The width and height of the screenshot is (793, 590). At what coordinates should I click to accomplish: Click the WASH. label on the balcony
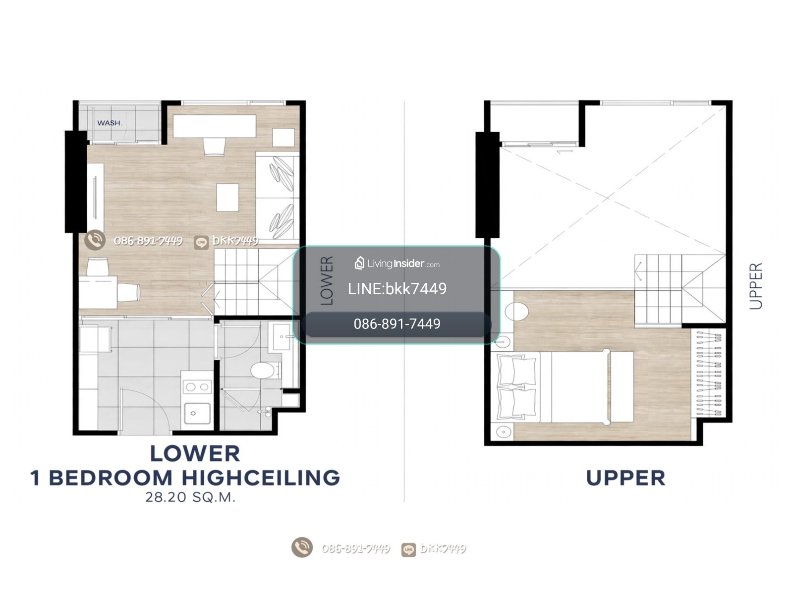click(x=110, y=123)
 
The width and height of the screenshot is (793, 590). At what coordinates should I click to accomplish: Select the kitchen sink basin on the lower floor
click(x=197, y=414)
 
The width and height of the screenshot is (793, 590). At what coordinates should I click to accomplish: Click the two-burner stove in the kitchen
click(x=197, y=387)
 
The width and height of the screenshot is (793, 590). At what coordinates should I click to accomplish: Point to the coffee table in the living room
click(x=227, y=198)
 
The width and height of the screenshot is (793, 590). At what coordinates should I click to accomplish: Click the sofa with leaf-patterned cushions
click(x=278, y=198)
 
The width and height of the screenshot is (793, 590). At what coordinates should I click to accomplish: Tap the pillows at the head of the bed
click(x=516, y=387)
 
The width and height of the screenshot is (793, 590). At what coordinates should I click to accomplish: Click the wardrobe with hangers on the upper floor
click(x=708, y=374)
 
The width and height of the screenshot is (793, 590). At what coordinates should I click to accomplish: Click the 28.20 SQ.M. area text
click(x=190, y=497)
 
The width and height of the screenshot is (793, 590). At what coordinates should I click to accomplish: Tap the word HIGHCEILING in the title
click(x=261, y=478)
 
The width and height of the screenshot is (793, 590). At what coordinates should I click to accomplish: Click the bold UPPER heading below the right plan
click(x=625, y=478)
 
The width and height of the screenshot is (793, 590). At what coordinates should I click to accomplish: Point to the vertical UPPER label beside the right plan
click(x=756, y=286)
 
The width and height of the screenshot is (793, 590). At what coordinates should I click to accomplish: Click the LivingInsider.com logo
click(x=397, y=264)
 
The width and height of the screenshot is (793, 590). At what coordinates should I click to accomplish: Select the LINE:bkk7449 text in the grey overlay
click(x=397, y=289)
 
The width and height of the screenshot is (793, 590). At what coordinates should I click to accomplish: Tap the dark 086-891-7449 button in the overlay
click(x=396, y=324)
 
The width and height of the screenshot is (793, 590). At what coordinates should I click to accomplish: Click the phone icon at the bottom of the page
click(x=302, y=547)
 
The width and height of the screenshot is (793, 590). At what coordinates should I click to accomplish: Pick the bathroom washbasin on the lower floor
click(x=282, y=337)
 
